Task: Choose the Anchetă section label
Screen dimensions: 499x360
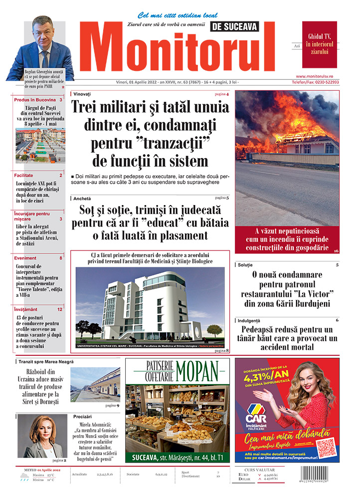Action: click(82, 198)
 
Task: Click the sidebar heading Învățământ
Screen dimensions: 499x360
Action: click(26, 309)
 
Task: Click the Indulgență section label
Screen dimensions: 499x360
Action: click(250, 320)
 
